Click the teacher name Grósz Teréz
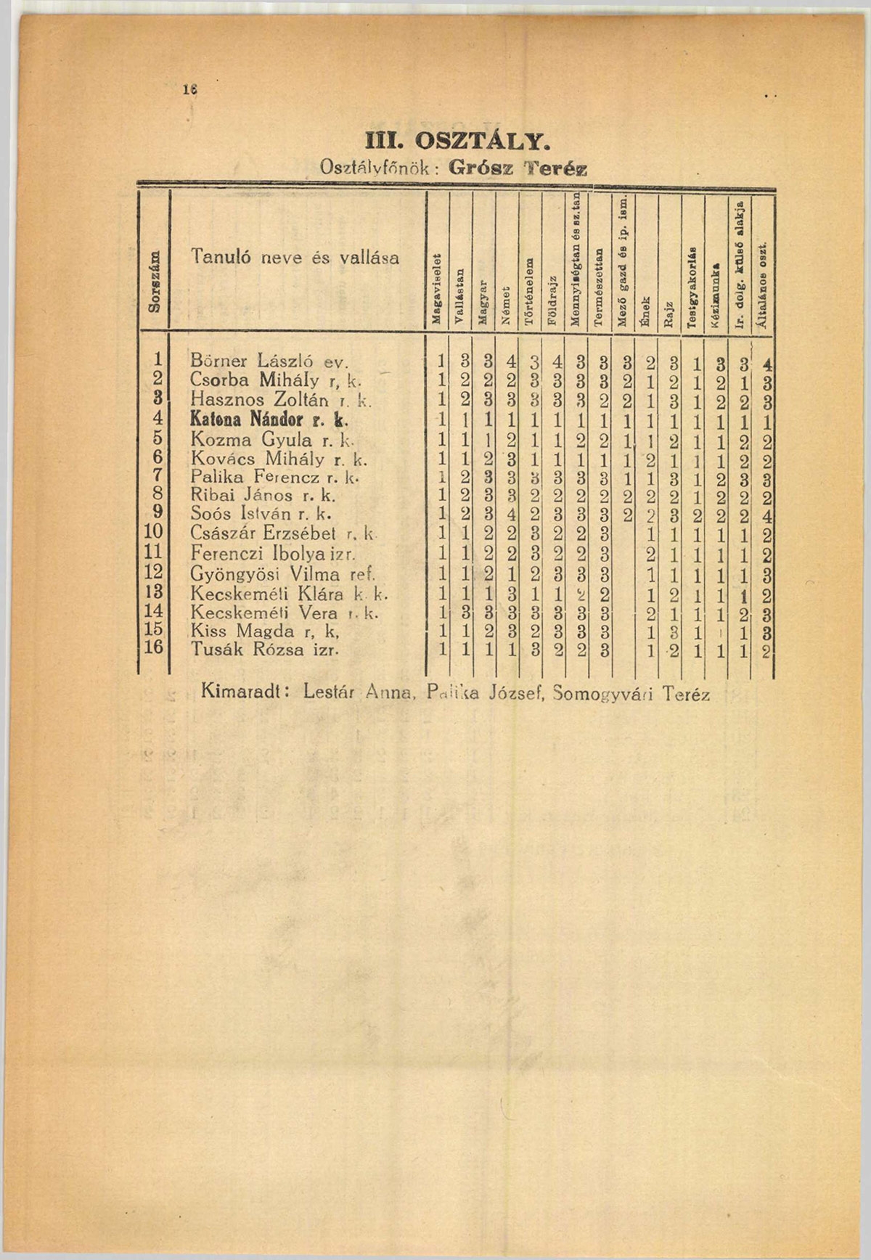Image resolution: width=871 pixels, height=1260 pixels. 517,168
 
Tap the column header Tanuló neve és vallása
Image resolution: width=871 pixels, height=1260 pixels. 295,257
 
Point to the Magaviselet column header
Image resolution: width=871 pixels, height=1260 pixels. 436,288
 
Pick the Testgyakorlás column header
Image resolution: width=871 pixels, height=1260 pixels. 692,286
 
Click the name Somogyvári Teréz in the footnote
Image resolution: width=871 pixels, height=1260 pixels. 631,694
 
